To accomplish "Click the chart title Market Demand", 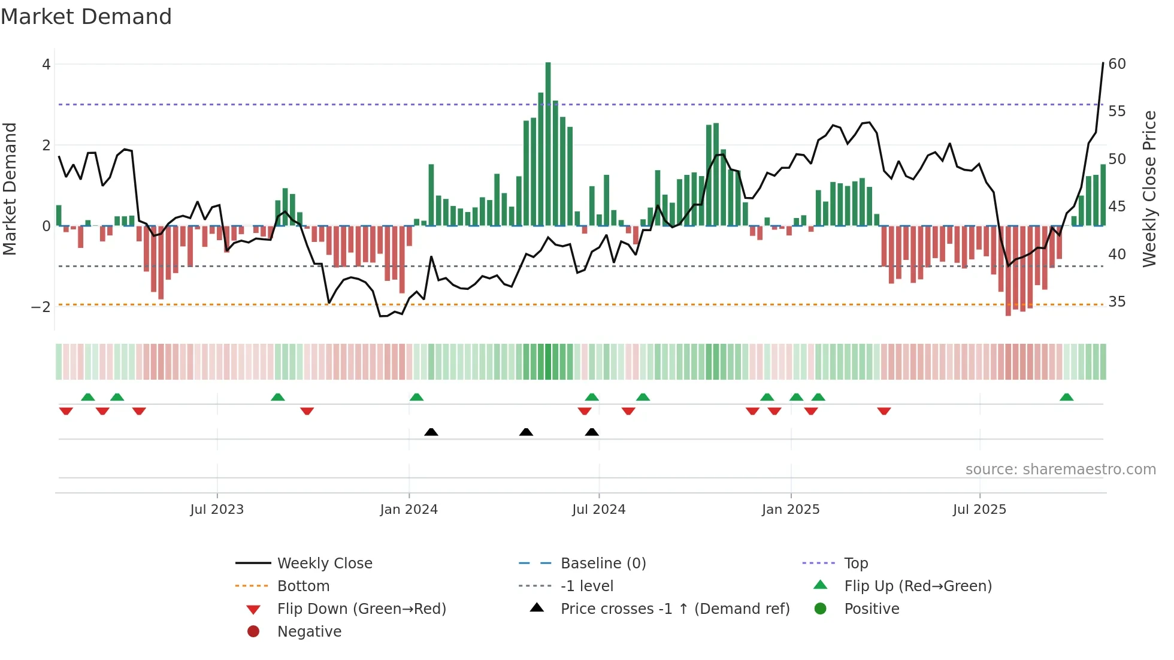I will tap(86, 17).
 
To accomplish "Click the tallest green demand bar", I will tap(548, 144).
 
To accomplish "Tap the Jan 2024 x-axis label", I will tap(409, 510).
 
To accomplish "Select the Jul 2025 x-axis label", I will tap(979, 510).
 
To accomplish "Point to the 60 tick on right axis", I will tap(1117, 64).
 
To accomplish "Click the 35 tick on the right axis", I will tap(1117, 302).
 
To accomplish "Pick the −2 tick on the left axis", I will tap(41, 307).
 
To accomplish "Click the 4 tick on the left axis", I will tap(46, 65).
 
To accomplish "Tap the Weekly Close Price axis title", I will tap(1149, 189).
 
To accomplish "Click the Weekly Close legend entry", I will tap(324, 564).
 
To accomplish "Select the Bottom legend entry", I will tap(303, 586).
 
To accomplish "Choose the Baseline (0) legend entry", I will tap(603, 564).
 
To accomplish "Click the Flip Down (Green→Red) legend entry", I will tap(361, 609).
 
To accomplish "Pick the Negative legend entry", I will tap(309, 632).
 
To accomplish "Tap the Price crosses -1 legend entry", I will tap(674, 609).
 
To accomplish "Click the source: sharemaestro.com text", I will tap(1060, 470).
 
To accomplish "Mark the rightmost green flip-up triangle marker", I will tap(1066, 397).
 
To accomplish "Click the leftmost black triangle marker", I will tap(431, 432).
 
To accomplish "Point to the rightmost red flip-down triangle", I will tap(884, 411).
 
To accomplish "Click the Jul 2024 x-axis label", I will tap(598, 510).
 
